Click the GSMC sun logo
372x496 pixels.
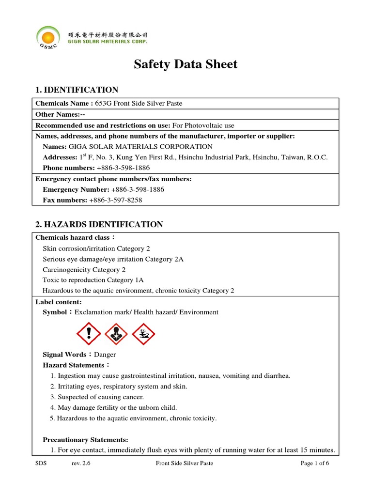[49, 38]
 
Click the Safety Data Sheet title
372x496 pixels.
[186, 64]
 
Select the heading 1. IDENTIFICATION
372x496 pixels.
[77, 90]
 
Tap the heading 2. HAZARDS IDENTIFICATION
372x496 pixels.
[99, 224]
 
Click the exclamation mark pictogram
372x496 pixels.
[88, 333]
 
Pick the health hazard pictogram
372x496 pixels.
[116, 333]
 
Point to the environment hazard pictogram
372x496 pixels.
[143, 333]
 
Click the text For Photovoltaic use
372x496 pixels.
[203, 125]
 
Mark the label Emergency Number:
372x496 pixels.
[76, 189]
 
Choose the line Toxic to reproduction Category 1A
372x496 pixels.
[93, 280]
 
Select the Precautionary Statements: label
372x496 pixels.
[85, 440]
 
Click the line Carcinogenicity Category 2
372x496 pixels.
[84, 269]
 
